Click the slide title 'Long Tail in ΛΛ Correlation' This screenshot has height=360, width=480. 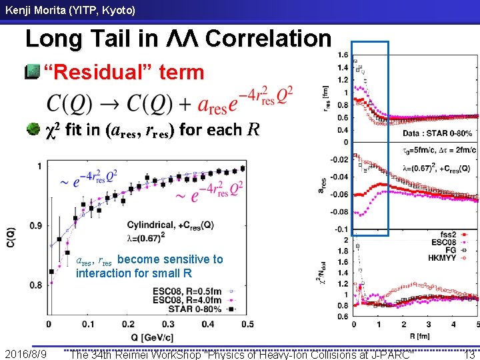tap(177, 39)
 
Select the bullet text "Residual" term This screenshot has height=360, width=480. tap(123, 72)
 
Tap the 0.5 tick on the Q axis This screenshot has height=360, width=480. tap(247, 324)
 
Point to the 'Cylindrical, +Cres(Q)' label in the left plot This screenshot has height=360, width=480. tap(170, 225)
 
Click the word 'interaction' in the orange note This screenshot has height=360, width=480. tap(107, 273)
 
